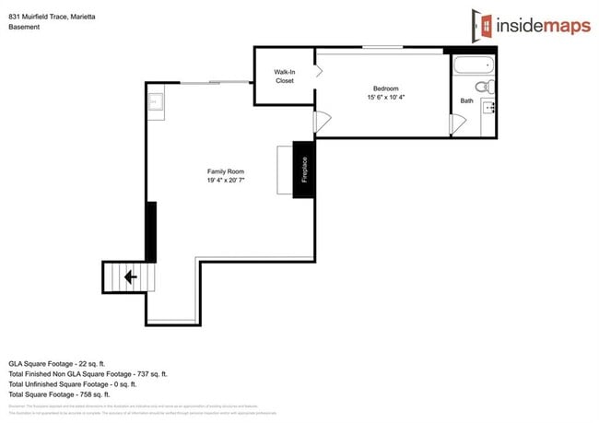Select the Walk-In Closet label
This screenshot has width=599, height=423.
[284, 76]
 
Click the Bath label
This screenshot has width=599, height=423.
[466, 100]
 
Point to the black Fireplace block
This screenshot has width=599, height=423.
[303, 169]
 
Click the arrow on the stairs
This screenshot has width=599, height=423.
[130, 276]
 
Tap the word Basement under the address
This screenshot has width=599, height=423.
[24, 28]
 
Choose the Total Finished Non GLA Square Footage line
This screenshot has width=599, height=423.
[88, 373]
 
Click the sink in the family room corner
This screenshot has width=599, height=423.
[156, 100]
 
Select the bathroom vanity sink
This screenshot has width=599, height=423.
[488, 107]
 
